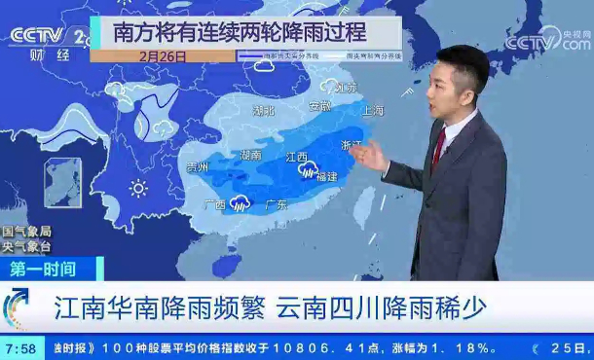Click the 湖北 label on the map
263,111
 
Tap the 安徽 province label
319,105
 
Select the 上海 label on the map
372,111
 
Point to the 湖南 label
250,155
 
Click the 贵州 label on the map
198,167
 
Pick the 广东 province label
276,205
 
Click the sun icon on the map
138,187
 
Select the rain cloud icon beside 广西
240,203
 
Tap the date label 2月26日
163,56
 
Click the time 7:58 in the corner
21,347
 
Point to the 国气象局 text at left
25,232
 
